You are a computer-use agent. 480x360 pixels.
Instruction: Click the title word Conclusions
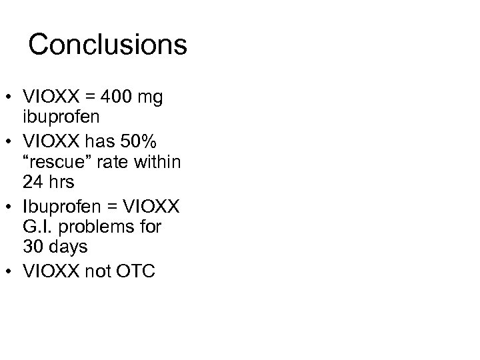click(x=107, y=45)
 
